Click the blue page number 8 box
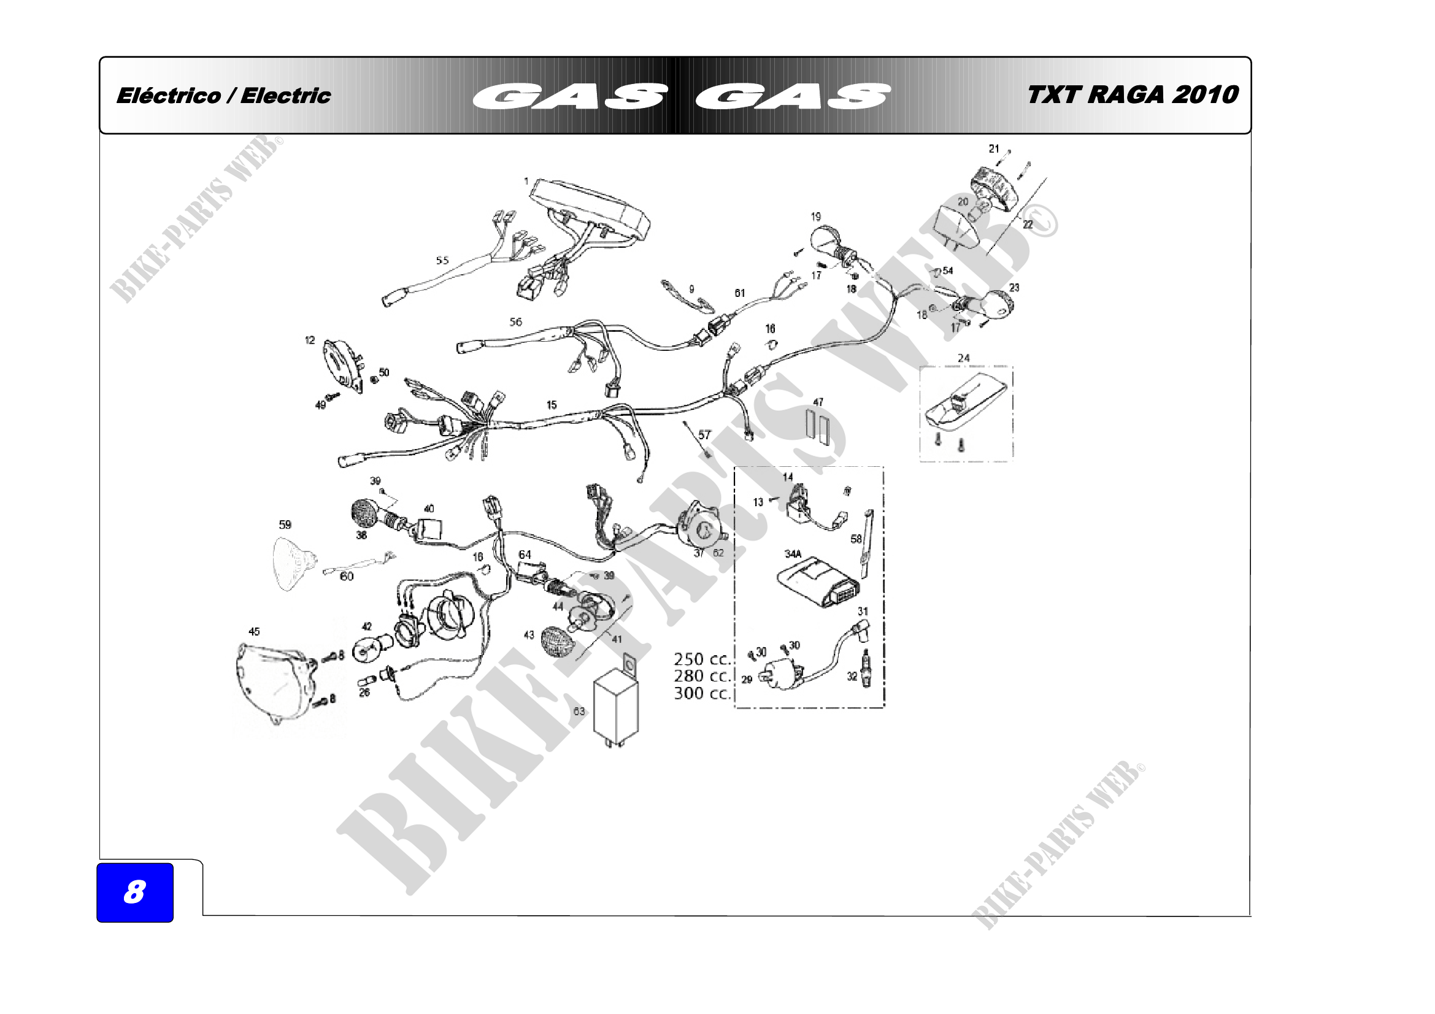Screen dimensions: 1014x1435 [134, 892]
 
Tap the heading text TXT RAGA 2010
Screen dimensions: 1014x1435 [1132, 95]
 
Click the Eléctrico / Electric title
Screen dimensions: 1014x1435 [223, 96]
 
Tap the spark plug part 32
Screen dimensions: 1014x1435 [866, 669]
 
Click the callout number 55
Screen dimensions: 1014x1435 [442, 261]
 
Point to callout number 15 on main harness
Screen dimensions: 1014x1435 [552, 405]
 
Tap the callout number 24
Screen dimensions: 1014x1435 [963, 358]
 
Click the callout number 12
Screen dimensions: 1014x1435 [310, 340]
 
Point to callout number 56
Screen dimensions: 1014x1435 [515, 322]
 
